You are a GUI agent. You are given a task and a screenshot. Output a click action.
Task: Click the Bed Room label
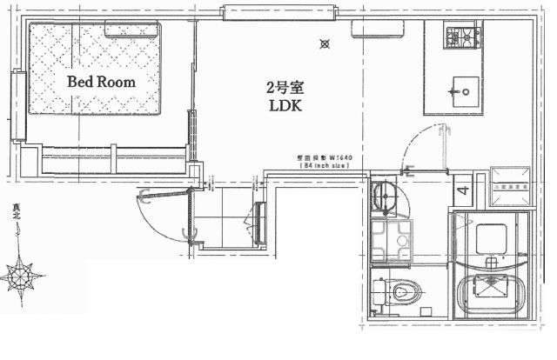[102, 83]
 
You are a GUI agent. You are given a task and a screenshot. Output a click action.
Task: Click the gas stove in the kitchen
[463, 37]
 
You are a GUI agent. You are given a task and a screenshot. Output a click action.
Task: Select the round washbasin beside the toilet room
[383, 197]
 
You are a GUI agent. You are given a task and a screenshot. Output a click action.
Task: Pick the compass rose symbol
[18, 277]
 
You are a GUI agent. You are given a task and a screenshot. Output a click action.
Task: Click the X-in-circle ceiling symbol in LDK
[325, 43]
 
